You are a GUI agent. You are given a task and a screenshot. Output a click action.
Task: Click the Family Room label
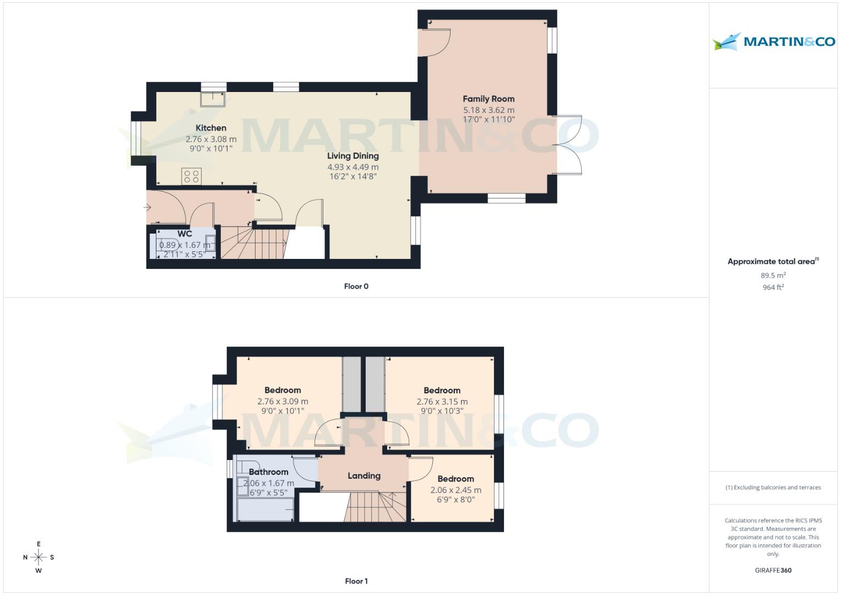click(488, 99)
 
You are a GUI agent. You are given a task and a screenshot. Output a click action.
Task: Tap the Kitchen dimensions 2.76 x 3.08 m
click(211, 139)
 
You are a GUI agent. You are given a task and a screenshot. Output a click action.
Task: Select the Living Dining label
click(352, 156)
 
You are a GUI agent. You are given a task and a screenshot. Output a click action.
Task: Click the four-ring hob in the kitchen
click(192, 177)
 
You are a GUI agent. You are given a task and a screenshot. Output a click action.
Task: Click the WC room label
click(185, 234)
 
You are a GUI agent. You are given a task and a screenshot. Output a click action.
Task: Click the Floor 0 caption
click(356, 286)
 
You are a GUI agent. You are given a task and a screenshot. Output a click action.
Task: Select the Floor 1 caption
click(356, 581)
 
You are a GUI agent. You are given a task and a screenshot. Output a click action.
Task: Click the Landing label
click(363, 476)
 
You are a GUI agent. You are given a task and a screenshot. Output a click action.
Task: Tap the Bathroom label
click(268, 472)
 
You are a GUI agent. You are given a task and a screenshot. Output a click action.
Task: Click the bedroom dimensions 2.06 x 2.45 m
click(455, 490)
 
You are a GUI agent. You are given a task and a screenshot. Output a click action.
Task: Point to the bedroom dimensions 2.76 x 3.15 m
click(442, 402)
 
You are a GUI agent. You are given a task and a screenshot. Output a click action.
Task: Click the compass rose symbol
click(39, 558)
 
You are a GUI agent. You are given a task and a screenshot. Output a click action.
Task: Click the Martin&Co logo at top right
click(773, 42)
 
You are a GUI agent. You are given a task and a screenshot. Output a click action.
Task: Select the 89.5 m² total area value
click(773, 275)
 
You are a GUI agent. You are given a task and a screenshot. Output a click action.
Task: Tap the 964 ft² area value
click(773, 288)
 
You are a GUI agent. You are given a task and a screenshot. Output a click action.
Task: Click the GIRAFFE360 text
click(773, 571)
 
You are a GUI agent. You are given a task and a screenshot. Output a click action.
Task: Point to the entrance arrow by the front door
click(147, 208)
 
